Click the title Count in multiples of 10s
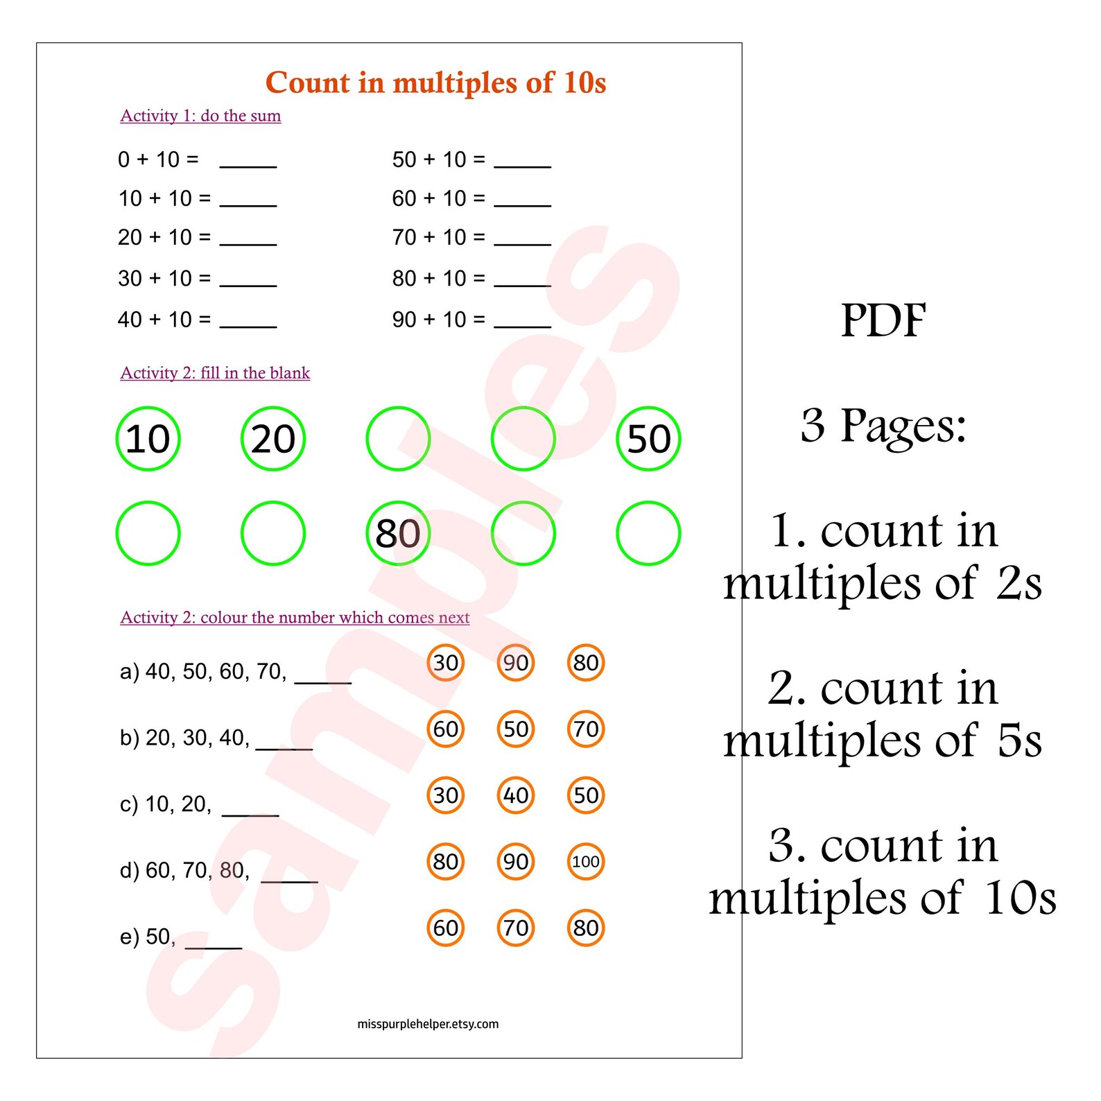[x=435, y=83]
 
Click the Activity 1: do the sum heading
[x=200, y=116]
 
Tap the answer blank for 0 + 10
[x=248, y=162]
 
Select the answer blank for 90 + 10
[x=522, y=321]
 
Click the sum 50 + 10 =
[x=438, y=160]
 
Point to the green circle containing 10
[x=148, y=439]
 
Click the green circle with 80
[x=398, y=533]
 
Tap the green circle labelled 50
[x=648, y=439]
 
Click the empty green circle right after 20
[x=398, y=439]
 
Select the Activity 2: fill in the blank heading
[x=215, y=373]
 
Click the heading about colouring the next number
[x=295, y=618]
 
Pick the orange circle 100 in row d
[x=586, y=862]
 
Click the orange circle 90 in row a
[x=516, y=663]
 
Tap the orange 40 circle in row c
[x=516, y=795]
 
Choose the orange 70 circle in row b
[x=586, y=729]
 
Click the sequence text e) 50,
[x=148, y=937]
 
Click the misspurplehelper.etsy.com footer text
[x=428, y=1024]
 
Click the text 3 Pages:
[x=883, y=425]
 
